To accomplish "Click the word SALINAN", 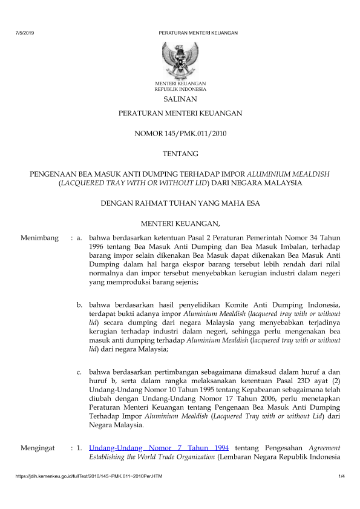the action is [x=180, y=99].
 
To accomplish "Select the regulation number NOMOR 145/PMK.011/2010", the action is [x=180, y=133].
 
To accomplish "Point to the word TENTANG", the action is [x=180, y=154].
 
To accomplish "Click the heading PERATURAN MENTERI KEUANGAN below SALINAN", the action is [x=180, y=113].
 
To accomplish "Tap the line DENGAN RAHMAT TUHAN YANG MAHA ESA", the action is [x=180, y=203].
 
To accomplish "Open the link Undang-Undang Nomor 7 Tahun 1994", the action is [x=158, y=448].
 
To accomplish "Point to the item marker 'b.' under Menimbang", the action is [x=80, y=303].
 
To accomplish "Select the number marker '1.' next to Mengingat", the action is [x=79, y=448].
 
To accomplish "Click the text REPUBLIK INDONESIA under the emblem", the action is [x=180, y=89].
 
